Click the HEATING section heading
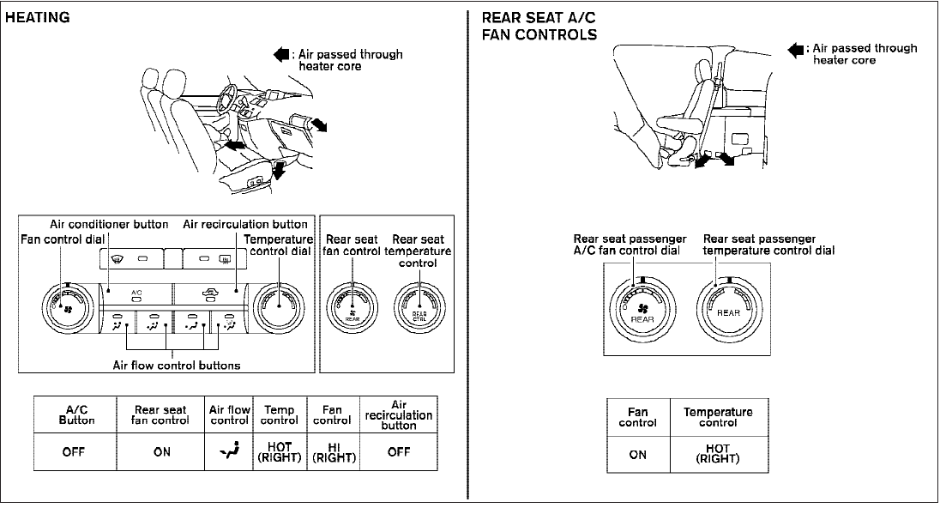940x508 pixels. coord(37,18)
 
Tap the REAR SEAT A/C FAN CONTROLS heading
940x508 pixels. coord(539,27)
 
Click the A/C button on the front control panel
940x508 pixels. coord(136,298)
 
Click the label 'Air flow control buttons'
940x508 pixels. coord(176,365)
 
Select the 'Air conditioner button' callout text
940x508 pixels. coord(108,225)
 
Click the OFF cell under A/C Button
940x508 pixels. coord(74,452)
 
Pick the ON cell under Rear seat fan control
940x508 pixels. coord(161,452)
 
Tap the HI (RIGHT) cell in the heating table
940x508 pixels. coord(330,452)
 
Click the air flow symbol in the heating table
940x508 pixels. coord(229,452)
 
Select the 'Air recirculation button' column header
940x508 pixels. coord(398,415)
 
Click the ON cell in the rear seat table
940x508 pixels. coord(637,454)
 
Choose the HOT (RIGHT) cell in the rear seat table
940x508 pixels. coord(718,454)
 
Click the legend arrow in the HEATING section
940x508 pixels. coord(281,54)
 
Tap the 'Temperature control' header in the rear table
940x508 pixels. coord(718,417)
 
